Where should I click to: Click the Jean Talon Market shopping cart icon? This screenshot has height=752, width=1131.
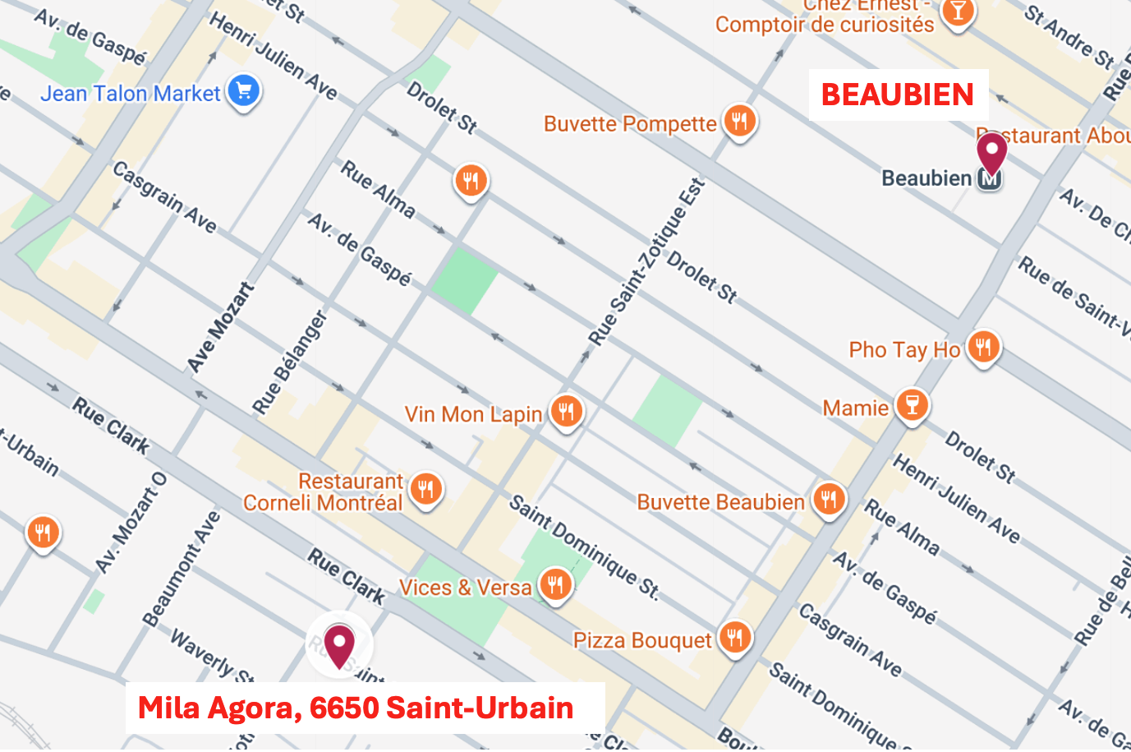[x=244, y=90]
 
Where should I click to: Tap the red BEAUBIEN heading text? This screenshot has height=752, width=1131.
[x=897, y=95]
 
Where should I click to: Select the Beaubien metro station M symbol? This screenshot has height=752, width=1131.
[x=990, y=178]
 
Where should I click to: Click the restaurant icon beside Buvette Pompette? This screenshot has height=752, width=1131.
[x=739, y=121]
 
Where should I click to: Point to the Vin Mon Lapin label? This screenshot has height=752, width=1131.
[x=473, y=414]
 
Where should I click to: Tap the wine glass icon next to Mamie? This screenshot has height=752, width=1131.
[x=912, y=404]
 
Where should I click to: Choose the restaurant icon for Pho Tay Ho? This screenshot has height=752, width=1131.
[x=983, y=347]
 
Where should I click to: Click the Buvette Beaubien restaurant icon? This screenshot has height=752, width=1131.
[x=829, y=499]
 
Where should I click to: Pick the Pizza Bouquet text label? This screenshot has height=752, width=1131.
[x=642, y=640]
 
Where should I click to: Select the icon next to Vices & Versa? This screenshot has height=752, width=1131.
[x=556, y=584]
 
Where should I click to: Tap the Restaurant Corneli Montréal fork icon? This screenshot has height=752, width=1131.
[x=425, y=489]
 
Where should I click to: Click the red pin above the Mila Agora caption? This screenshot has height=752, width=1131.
[x=339, y=644]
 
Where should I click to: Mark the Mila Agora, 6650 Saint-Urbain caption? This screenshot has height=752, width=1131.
[x=356, y=708]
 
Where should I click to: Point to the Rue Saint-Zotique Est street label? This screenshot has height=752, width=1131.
[x=646, y=262]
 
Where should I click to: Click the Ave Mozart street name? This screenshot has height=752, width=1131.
[x=220, y=327]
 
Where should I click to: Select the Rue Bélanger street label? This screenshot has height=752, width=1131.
[x=289, y=362]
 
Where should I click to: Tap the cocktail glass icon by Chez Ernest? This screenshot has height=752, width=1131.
[x=958, y=12]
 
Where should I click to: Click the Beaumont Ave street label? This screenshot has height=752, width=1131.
[x=182, y=569]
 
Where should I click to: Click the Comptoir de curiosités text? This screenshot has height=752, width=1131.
[x=824, y=25]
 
